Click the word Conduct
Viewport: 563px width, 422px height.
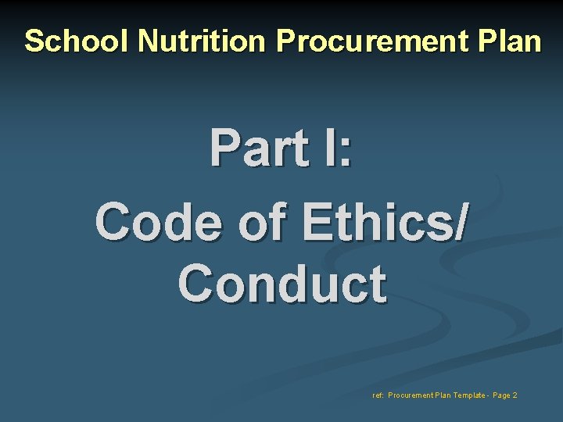coord(281,283)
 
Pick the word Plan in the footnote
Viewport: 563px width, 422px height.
coord(440,395)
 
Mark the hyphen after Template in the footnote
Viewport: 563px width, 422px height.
coord(486,395)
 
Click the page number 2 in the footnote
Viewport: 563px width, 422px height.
coord(515,395)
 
